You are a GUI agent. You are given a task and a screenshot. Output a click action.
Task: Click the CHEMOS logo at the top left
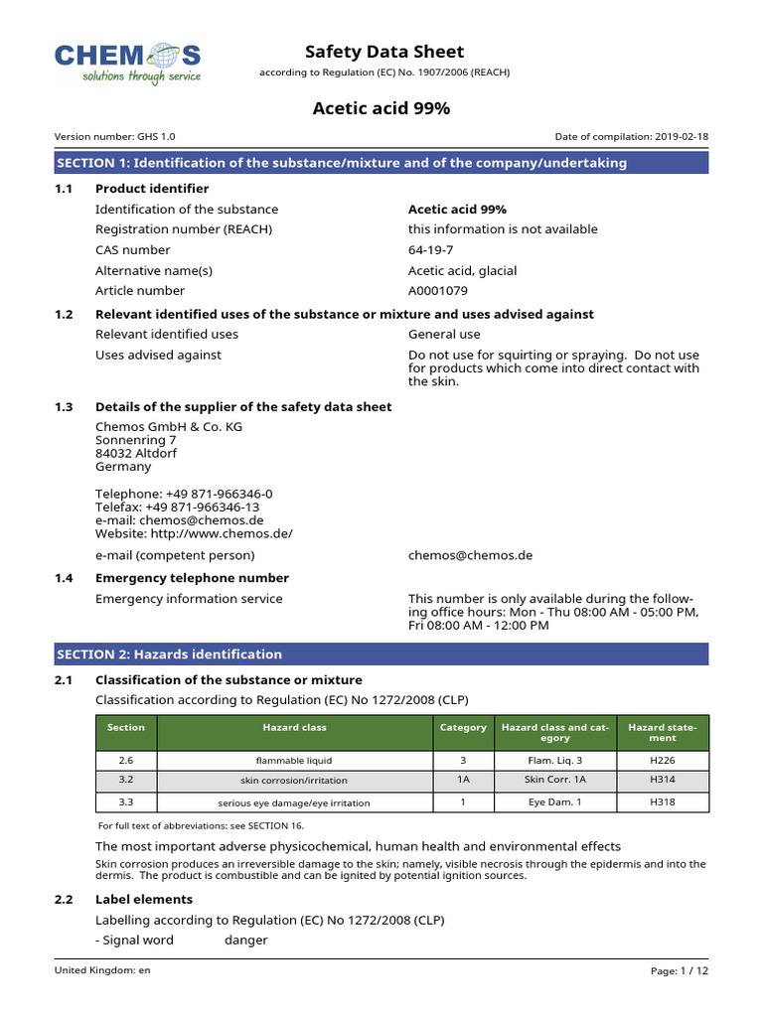tap(127, 62)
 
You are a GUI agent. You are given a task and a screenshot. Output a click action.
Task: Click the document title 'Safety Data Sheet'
tap(383, 52)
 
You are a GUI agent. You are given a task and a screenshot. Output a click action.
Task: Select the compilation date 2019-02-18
tap(680, 137)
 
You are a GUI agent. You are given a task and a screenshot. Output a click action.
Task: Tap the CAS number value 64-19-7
tap(430, 250)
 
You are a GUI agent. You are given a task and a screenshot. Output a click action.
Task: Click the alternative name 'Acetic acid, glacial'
tap(462, 271)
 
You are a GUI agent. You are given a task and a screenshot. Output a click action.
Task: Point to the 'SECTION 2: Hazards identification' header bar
tap(381, 654)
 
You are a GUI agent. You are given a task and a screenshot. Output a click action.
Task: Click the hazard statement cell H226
tap(662, 760)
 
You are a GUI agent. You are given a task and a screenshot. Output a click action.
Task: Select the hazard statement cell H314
tap(662, 781)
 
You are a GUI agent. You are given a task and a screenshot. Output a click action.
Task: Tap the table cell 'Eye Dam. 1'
tap(554, 801)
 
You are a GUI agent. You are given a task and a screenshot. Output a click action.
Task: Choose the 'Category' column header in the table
tap(463, 728)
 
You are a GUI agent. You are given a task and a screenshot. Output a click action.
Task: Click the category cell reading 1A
tap(463, 781)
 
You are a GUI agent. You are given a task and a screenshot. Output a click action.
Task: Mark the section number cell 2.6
tap(126, 760)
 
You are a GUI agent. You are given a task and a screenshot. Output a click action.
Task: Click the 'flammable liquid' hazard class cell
tap(294, 760)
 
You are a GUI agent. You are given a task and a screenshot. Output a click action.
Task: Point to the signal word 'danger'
tap(246, 940)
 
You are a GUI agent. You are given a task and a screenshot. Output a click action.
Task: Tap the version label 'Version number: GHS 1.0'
tap(115, 137)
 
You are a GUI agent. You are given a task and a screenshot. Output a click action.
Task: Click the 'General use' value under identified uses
tap(444, 335)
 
